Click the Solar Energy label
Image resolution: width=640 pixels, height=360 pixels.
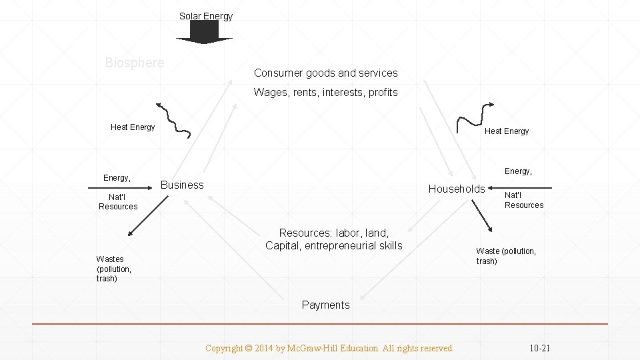(206, 16)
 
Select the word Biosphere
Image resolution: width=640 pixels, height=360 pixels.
(134, 63)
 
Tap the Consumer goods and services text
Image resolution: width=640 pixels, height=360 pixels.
(325, 73)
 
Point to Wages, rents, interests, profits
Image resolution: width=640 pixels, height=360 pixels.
(325, 92)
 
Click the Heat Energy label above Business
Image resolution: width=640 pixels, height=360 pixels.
(133, 127)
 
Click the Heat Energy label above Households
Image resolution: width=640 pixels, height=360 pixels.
(506, 131)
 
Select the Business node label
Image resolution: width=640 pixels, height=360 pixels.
(182, 185)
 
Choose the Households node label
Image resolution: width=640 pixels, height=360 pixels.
(457, 189)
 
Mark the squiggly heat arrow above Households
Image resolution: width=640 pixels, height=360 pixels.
(474, 115)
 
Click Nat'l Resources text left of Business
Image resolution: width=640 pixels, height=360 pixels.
(118, 201)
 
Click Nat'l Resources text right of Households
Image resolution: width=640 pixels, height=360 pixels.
(523, 200)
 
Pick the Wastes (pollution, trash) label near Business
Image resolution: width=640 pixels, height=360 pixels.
(113, 269)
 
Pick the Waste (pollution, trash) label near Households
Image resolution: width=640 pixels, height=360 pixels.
(505, 256)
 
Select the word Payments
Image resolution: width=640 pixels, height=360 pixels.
(325, 305)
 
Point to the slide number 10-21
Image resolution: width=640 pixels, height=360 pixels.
(540, 348)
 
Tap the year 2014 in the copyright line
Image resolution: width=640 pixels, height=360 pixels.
(265, 348)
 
